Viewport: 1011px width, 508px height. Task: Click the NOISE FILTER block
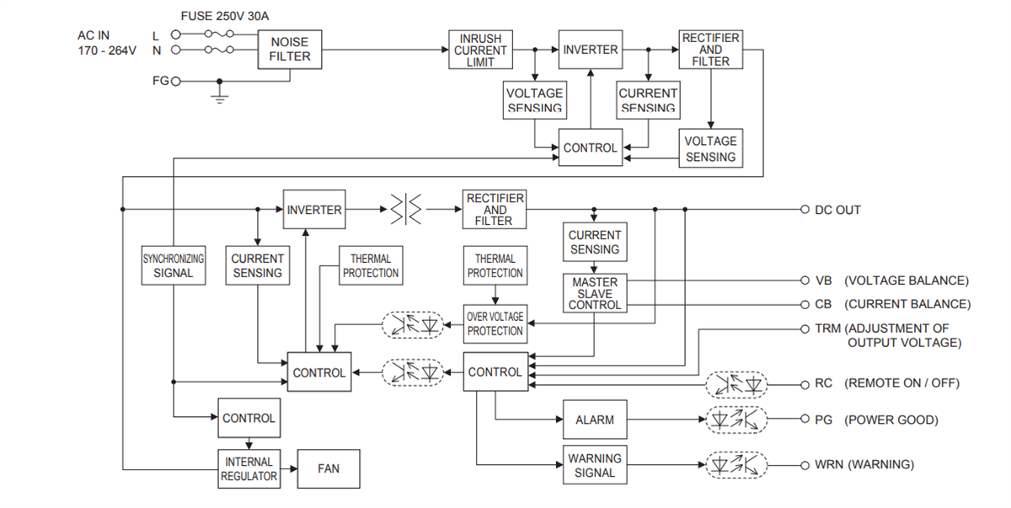pos(290,49)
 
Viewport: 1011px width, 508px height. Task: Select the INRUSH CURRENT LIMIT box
pos(480,51)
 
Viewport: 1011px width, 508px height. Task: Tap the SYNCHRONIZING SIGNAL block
pos(174,265)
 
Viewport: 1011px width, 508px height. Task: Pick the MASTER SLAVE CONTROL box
pos(595,293)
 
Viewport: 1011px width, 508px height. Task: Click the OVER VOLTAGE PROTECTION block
pos(495,324)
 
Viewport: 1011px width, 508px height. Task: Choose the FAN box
pos(329,468)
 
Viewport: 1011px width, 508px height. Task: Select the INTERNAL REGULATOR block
pos(249,469)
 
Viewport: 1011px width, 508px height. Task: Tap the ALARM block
pos(595,420)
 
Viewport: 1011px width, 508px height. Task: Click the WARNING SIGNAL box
pos(595,465)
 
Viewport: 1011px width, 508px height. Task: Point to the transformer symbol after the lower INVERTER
pos(407,210)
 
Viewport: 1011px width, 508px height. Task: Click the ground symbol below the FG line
pos(220,98)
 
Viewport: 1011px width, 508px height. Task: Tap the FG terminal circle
pos(176,82)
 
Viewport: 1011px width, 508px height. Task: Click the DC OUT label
pos(837,210)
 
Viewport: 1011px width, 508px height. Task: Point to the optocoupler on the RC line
pos(736,384)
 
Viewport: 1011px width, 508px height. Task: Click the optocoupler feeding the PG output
pos(736,419)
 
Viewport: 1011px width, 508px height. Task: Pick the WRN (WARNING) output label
pos(864,464)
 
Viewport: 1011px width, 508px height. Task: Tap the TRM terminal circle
pos(805,329)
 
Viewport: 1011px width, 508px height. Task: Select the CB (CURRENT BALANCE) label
pos(892,304)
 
